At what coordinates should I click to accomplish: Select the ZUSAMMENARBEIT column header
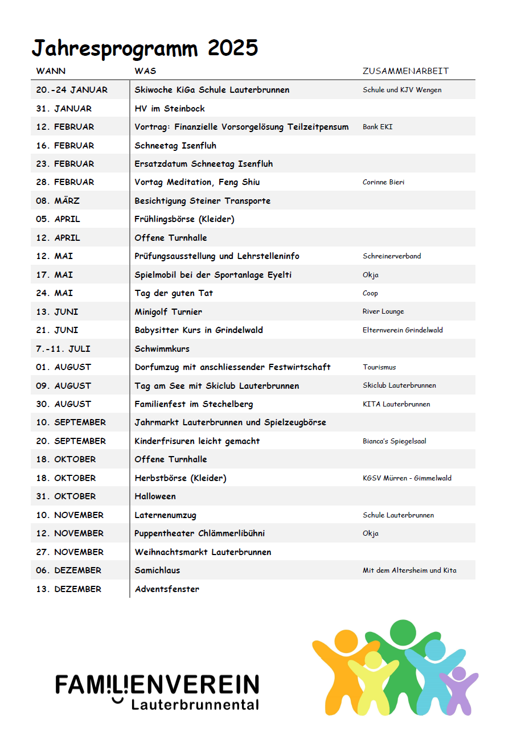coord(405,71)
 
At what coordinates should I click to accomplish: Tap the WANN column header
coord(51,71)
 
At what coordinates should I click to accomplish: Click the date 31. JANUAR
coord(64,108)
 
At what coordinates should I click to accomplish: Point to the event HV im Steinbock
coord(170,108)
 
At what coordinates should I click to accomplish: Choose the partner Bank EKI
coord(378,127)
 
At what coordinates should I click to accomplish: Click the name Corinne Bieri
coord(383,182)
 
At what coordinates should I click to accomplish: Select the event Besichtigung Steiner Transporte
coord(202,201)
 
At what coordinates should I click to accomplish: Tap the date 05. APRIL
coord(58,219)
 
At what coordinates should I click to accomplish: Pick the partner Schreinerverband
coord(392,256)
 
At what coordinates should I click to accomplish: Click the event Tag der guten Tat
coord(174,293)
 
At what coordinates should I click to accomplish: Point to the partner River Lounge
coord(383,311)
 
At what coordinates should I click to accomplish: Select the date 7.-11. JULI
coord(63,348)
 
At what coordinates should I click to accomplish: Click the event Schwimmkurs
coord(162,348)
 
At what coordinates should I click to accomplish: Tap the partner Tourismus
coord(379,367)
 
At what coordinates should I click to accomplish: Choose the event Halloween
coord(155,496)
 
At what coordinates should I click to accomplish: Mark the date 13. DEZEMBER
coord(68,589)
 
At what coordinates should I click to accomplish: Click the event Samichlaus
coord(157,570)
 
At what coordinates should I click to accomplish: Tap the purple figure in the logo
coord(458,689)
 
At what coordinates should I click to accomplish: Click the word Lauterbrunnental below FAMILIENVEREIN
coord(195,705)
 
